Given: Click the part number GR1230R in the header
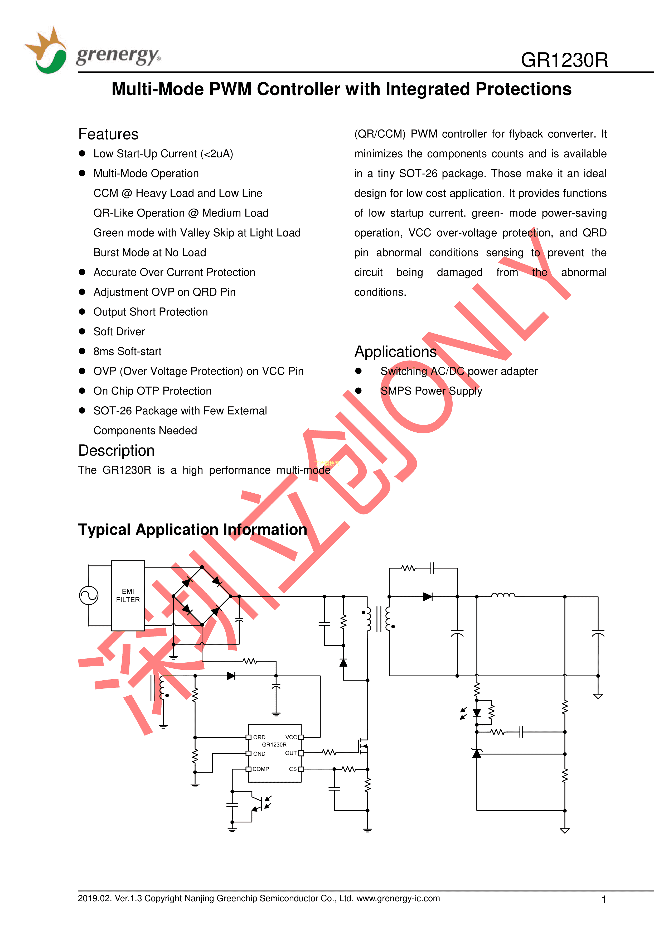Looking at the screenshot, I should pos(564,60).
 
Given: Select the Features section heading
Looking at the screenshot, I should pos(108,134).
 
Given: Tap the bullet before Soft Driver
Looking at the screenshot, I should pos(82,331).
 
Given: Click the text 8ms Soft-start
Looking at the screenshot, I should pos(127,351).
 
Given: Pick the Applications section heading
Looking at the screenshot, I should pos(395,352).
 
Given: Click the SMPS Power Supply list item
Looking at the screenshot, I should pos(431,391).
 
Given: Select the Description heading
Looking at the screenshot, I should pos(117,450).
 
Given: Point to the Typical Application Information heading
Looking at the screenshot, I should pos(192,529).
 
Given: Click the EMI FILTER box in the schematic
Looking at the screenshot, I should pos(128,595).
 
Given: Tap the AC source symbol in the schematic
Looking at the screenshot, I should pos(89,595).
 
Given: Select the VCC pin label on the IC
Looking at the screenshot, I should pos(291,737).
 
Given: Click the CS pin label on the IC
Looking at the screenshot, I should pos(293,769).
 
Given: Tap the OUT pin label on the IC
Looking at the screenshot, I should pos(291,753).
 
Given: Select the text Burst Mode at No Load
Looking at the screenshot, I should pos(150,253).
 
